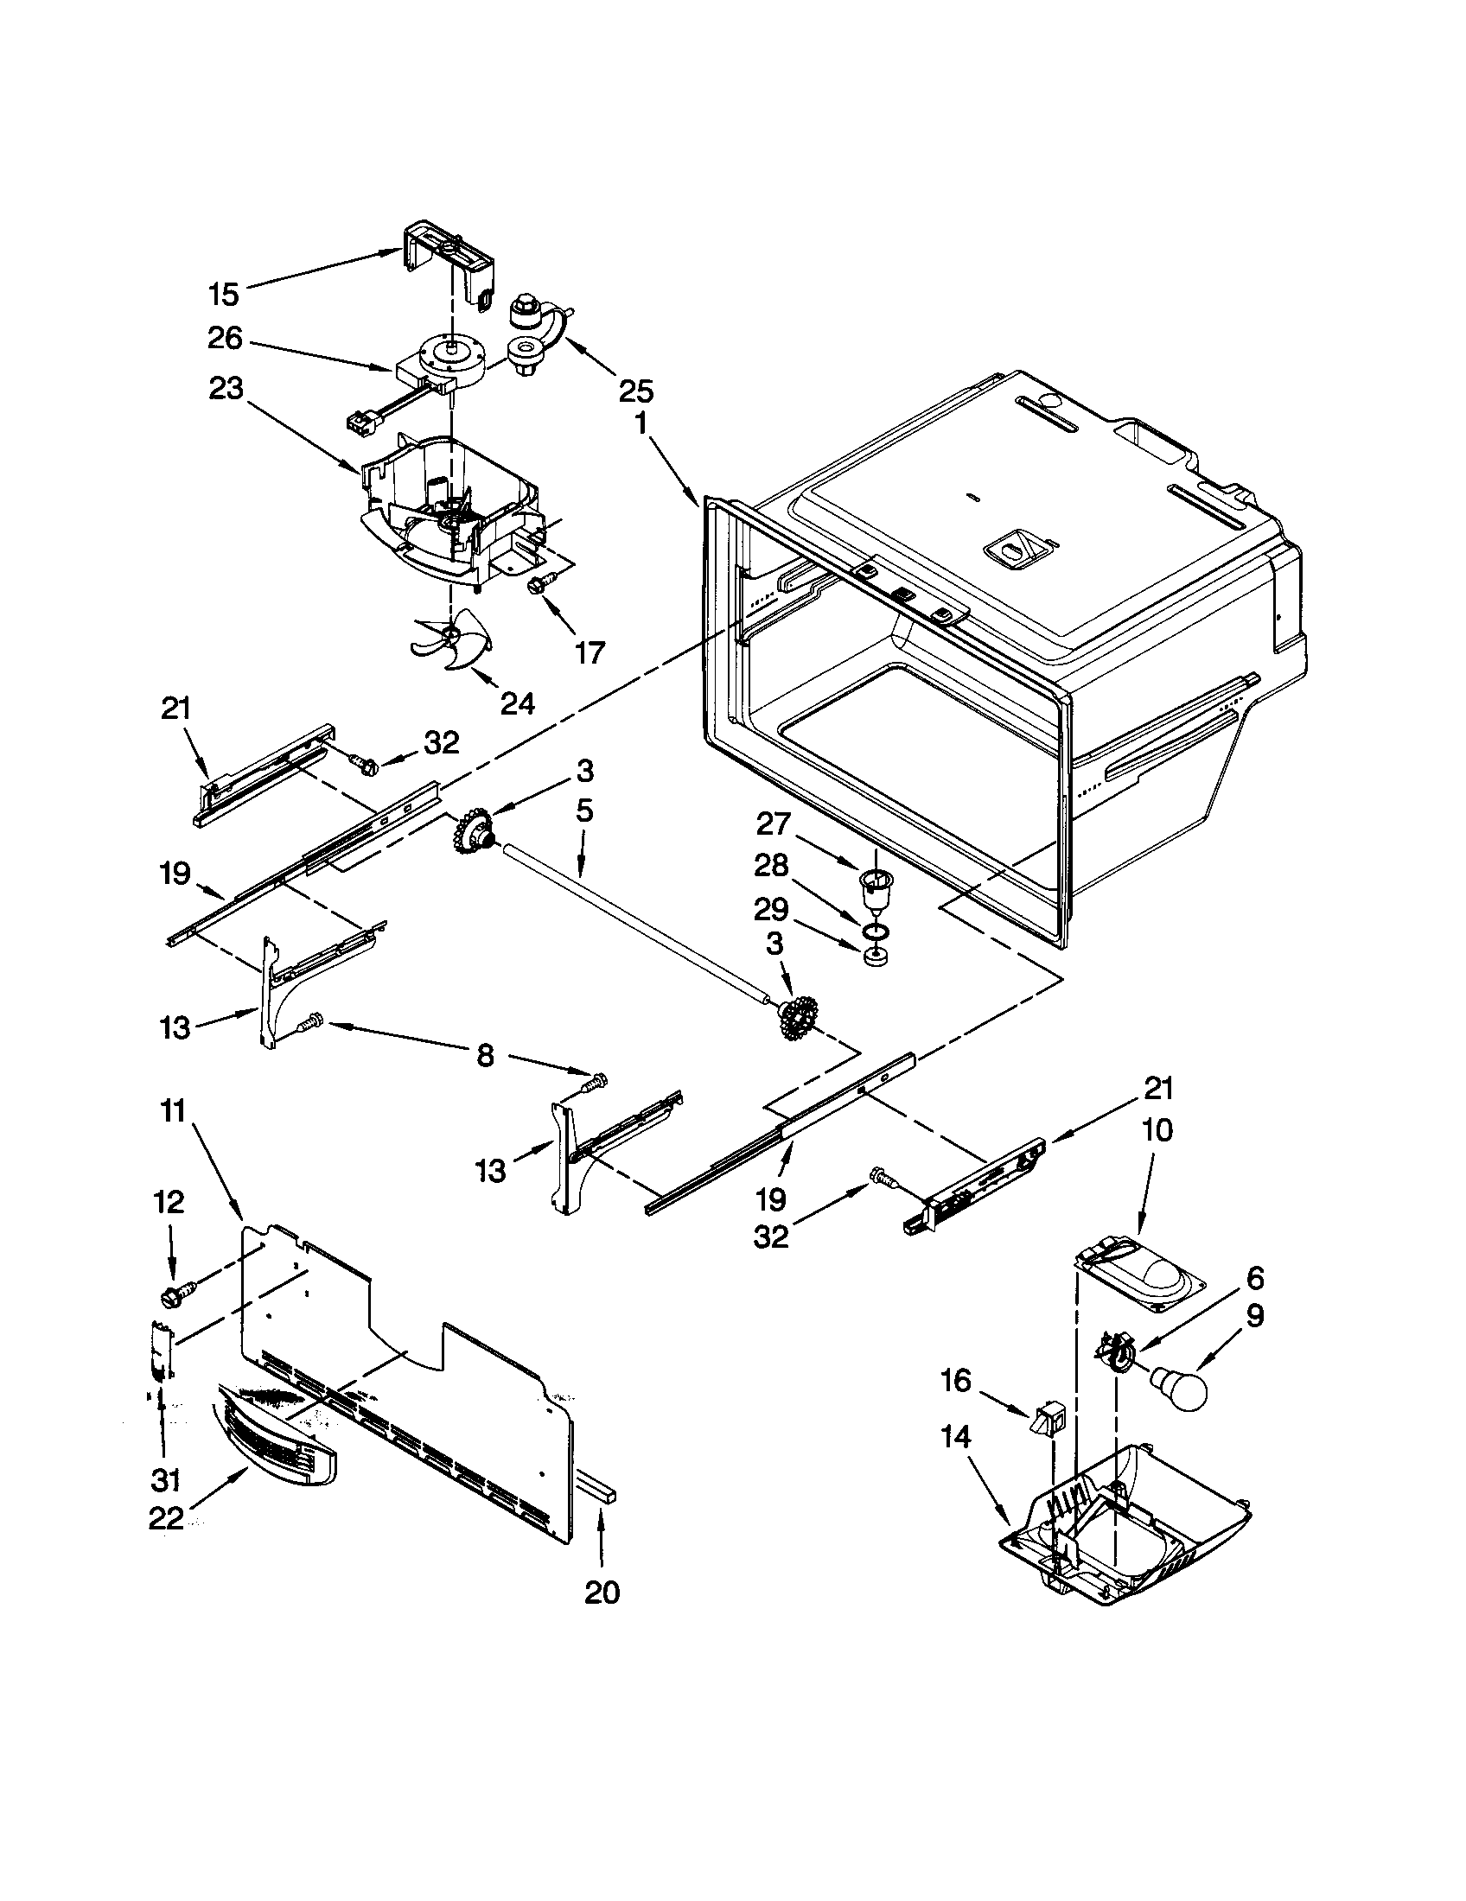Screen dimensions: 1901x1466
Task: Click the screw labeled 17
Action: click(x=534, y=588)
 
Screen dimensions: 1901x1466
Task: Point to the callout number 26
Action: click(x=224, y=339)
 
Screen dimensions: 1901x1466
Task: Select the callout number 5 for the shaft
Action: click(x=584, y=811)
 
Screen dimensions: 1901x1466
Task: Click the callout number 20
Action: click(x=602, y=1592)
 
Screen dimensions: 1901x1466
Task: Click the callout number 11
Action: click(x=173, y=1111)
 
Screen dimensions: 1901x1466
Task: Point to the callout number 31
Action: click(x=166, y=1478)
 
